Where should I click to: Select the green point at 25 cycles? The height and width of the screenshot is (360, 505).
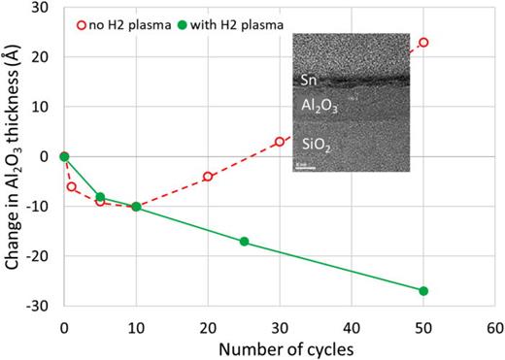click(244, 241)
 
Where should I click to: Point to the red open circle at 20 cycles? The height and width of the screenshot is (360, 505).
click(208, 177)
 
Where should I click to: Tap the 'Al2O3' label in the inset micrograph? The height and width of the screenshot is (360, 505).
click(316, 109)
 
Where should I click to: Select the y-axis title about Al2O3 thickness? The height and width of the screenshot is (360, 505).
click(12, 155)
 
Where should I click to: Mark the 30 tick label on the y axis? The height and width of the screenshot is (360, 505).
click(42, 9)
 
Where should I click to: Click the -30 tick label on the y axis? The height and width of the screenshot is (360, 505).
click(40, 306)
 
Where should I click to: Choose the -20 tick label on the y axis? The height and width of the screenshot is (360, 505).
click(40, 256)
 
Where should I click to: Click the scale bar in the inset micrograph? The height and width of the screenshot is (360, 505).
click(302, 168)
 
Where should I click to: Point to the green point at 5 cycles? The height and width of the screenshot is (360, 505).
click(100, 197)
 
